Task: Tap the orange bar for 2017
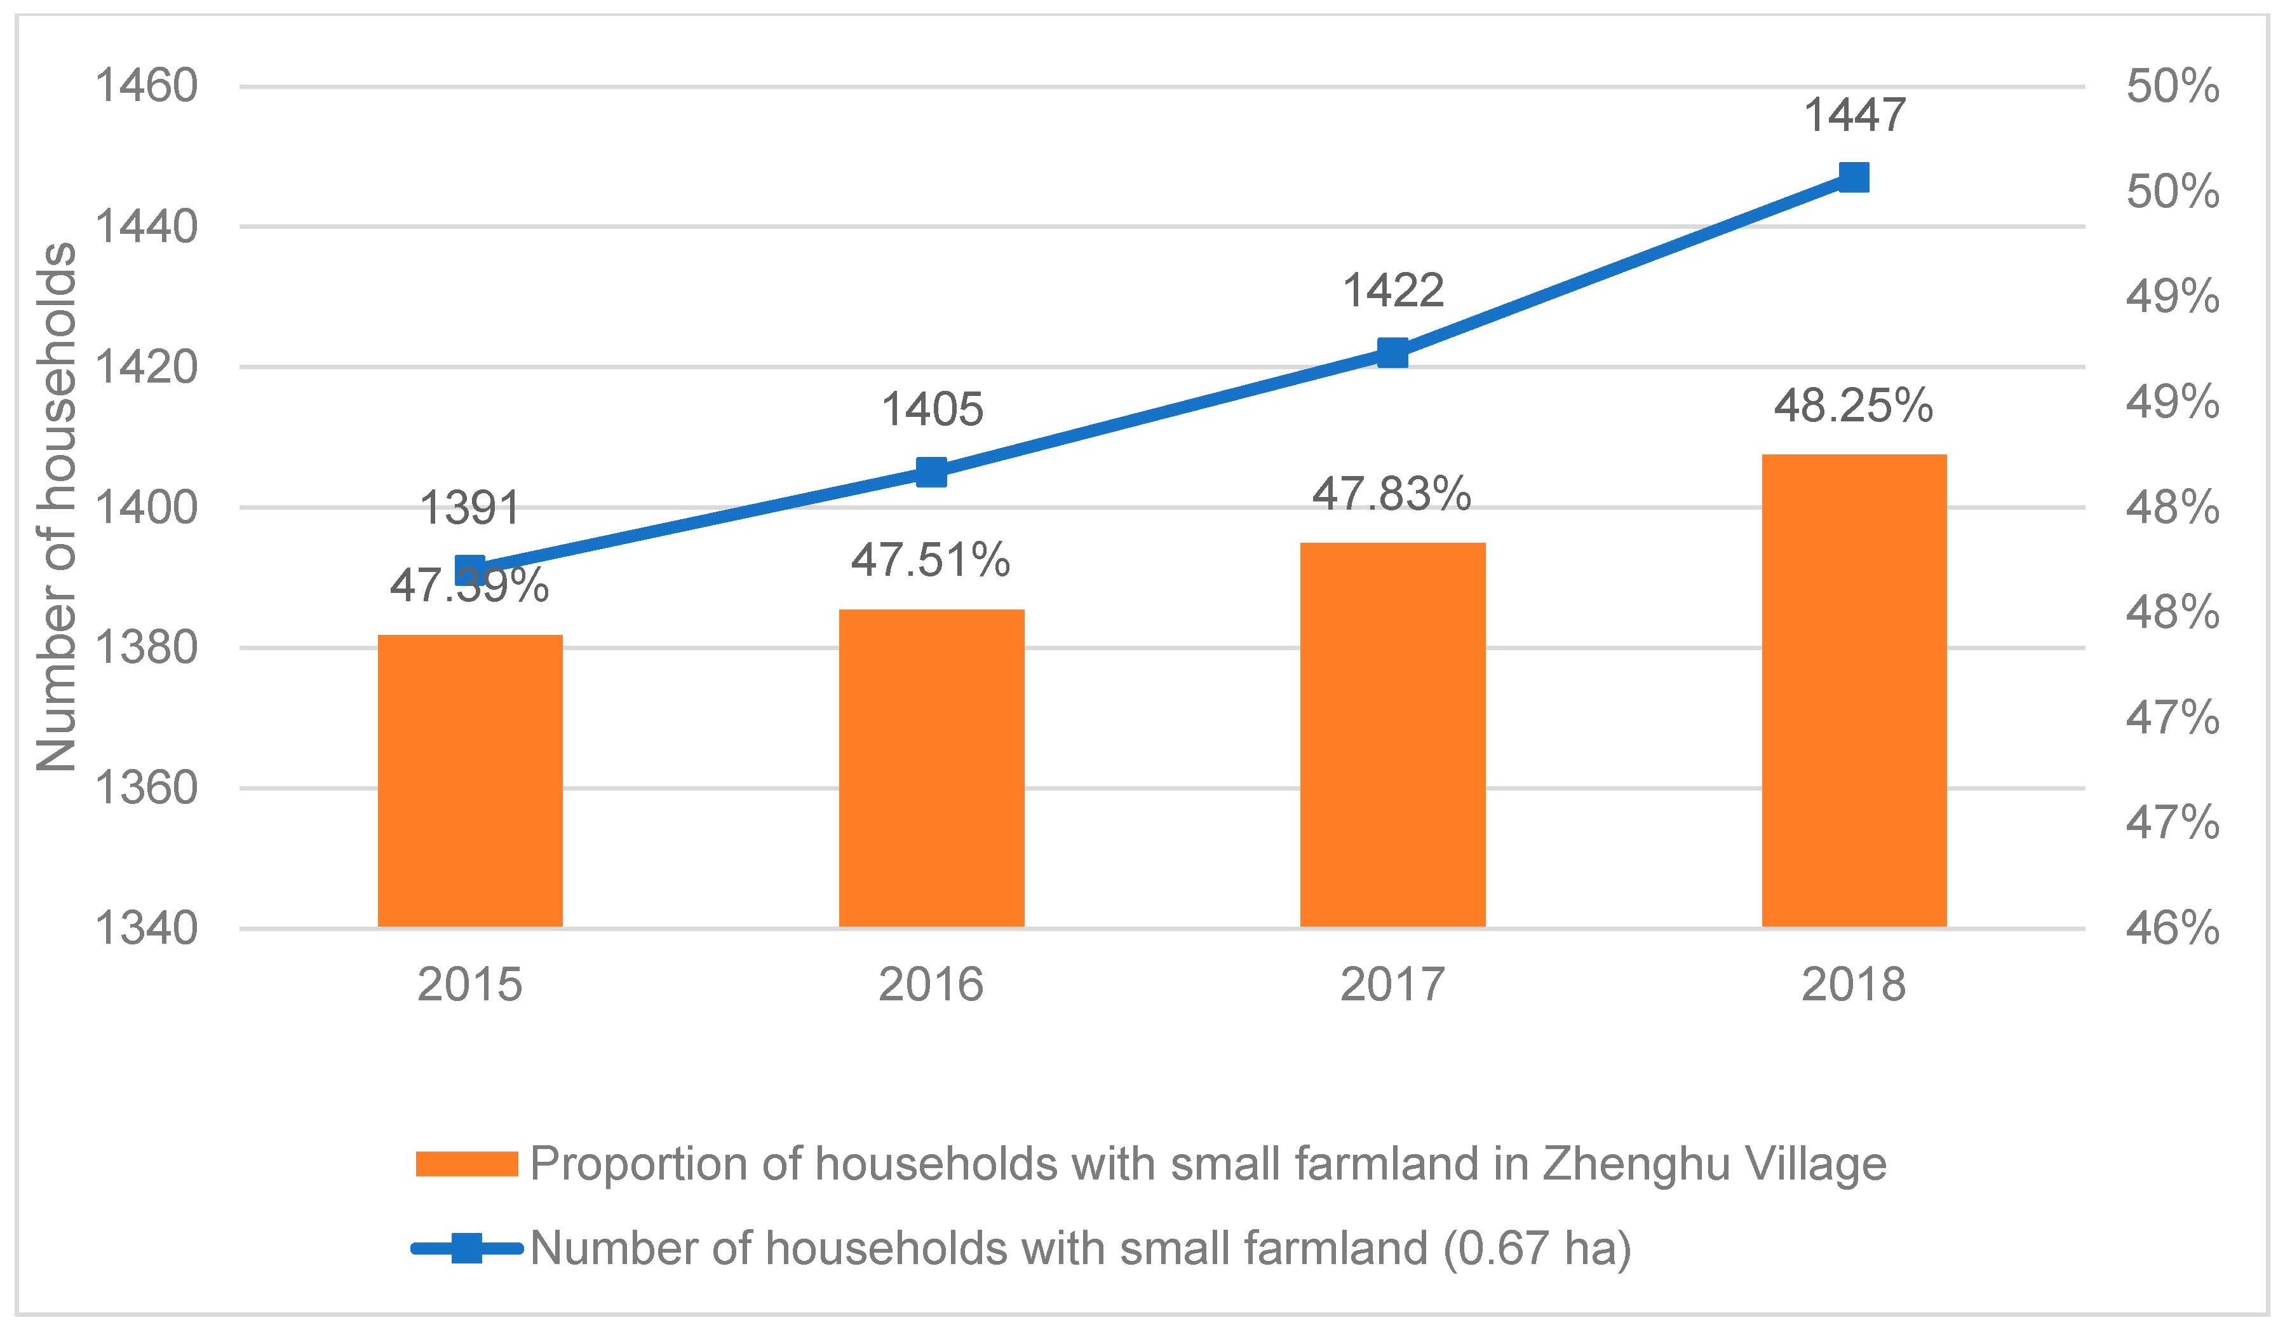pyautogui.click(x=1392, y=735)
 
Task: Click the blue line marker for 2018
pyautogui.click(x=1854, y=178)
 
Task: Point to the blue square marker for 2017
pyautogui.click(x=1392, y=353)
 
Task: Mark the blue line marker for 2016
pyautogui.click(x=931, y=472)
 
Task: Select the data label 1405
pyautogui.click(x=932, y=410)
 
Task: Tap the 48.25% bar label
pyautogui.click(x=1854, y=406)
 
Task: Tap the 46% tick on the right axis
pyautogui.click(x=2173, y=929)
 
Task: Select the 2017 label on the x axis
pyautogui.click(x=1392, y=985)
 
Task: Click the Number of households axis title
pyautogui.click(x=56, y=508)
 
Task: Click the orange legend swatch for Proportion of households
pyautogui.click(x=466, y=1164)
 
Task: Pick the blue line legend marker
pyautogui.click(x=466, y=1249)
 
